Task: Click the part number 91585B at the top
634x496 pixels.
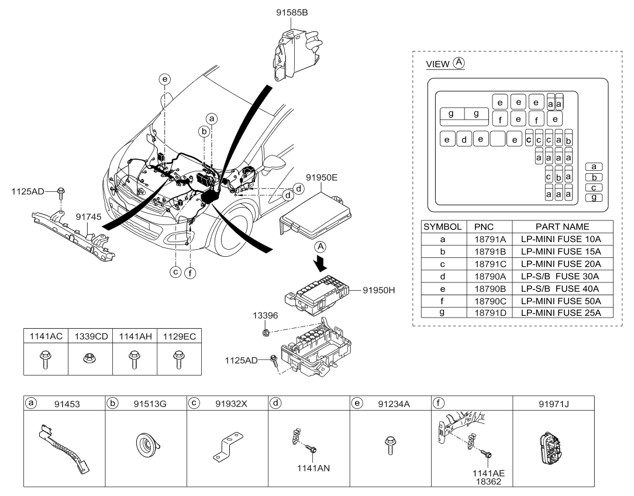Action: point(292,12)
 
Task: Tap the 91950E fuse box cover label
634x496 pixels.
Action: point(322,177)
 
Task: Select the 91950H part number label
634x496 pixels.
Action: point(379,290)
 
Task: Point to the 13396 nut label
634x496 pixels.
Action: point(266,315)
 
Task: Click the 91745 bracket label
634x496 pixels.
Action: point(88,217)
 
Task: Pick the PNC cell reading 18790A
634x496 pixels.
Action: point(490,277)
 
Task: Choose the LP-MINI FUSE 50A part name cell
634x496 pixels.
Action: point(561,301)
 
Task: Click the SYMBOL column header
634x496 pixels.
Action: point(442,227)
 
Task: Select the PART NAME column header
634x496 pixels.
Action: point(563,227)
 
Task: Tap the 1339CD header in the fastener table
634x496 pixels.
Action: point(91,336)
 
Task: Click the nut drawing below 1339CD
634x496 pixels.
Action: point(90,358)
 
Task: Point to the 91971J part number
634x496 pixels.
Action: point(553,404)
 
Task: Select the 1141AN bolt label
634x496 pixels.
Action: point(313,468)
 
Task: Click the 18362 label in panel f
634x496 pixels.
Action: point(488,481)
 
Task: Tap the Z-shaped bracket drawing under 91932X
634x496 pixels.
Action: point(228,447)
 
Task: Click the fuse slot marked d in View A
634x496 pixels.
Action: point(464,139)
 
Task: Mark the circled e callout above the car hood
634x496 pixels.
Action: point(164,79)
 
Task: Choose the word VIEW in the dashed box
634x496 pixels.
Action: point(437,64)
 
